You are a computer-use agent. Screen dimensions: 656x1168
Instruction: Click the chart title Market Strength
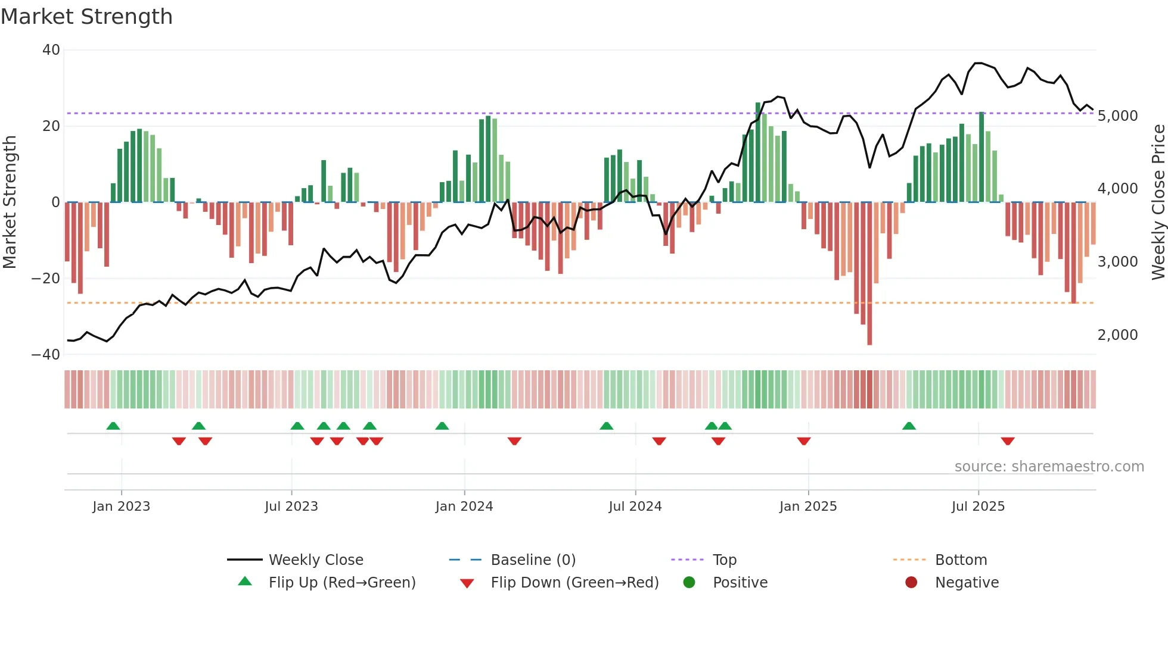[86, 17]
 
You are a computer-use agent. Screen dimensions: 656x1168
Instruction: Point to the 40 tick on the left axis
[51, 50]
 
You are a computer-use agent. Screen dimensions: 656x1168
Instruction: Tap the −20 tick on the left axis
[46, 279]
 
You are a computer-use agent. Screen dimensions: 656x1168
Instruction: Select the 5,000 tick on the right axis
[1117, 116]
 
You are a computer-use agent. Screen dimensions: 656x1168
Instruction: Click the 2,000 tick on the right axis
[1117, 335]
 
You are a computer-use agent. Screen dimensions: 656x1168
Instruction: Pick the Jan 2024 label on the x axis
[464, 507]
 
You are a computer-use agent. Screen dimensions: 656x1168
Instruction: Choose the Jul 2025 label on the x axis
[978, 507]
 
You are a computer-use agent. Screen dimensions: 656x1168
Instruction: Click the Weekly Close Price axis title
[1158, 202]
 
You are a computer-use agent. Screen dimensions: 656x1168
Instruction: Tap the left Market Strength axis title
[10, 202]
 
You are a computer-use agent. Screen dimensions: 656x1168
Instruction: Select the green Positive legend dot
[689, 583]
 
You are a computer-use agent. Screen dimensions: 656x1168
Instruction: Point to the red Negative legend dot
[911, 583]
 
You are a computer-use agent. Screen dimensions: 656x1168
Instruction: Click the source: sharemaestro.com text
[1049, 467]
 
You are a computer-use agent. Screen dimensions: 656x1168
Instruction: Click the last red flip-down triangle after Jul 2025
[1008, 441]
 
